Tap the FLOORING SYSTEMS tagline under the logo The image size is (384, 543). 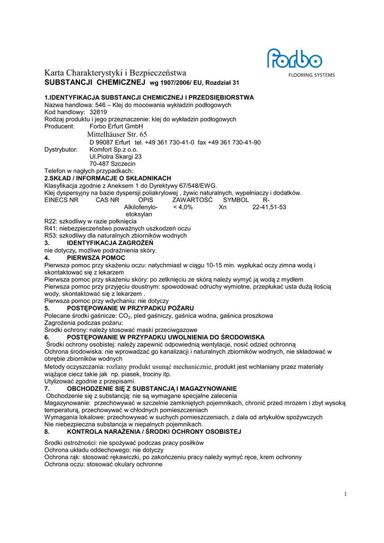311,75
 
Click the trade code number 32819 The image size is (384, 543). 98,112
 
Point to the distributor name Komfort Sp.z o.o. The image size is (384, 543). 114,150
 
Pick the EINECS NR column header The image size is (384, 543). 62,200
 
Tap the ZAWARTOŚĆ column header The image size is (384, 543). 192,200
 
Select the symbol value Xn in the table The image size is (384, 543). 223,207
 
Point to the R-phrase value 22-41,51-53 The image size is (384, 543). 269,207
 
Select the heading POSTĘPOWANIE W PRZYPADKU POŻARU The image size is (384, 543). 130,308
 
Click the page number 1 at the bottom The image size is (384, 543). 345,494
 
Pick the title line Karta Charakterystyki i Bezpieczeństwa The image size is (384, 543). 115,73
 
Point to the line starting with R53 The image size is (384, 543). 115,235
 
